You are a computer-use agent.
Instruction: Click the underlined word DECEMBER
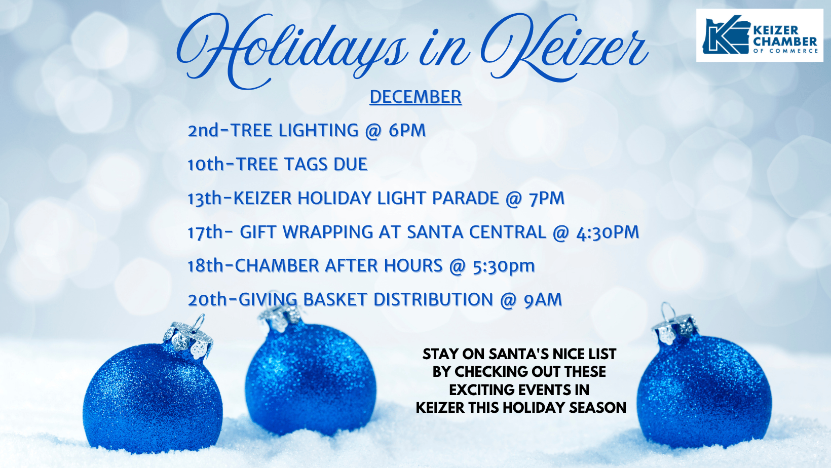point(415,97)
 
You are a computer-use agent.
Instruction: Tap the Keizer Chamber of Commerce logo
point(760,35)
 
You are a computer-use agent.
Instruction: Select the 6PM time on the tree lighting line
point(407,131)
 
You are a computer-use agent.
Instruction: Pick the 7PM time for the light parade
point(547,199)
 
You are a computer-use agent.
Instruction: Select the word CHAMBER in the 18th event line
point(277,266)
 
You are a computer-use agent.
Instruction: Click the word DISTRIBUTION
point(433,300)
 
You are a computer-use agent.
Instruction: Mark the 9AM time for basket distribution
point(543,300)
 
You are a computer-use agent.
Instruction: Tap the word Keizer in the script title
point(564,47)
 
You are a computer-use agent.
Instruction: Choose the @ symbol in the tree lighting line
point(373,131)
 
